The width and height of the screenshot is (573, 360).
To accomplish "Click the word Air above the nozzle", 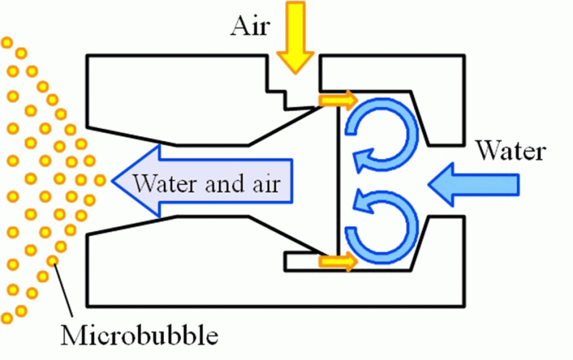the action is click(x=250, y=26).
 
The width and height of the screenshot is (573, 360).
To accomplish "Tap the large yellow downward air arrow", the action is click(x=295, y=37).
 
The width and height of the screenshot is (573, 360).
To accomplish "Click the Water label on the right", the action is click(x=511, y=150).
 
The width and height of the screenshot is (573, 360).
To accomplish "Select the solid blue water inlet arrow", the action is click(x=473, y=185).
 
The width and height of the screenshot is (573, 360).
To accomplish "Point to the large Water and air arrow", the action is click(x=202, y=181).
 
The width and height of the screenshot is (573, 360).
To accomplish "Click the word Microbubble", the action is click(x=139, y=334).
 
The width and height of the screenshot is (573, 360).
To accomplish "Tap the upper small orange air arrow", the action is click(x=337, y=99).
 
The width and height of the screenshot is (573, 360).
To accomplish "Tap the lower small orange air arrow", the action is click(x=337, y=261).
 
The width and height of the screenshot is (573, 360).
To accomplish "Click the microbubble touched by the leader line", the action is click(x=52, y=261).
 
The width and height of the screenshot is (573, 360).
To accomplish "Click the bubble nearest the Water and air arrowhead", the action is click(x=100, y=180).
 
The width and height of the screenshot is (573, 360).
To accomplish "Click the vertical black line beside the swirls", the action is click(x=338, y=181).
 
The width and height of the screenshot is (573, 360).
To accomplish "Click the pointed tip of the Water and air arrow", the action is click(x=112, y=181).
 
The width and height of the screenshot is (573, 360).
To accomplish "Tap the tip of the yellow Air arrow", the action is click(x=295, y=74).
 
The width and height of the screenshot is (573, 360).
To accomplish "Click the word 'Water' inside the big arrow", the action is click(x=167, y=183).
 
